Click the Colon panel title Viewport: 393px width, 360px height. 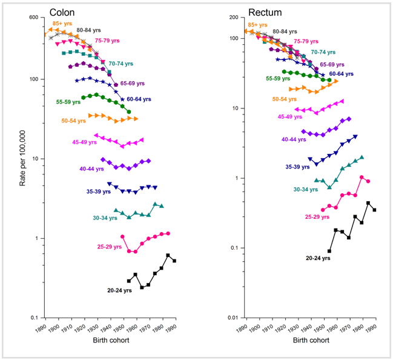coord(62,13)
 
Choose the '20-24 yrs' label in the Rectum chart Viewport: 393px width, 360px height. coord(318,258)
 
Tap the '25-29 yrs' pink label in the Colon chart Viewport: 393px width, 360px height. coord(110,247)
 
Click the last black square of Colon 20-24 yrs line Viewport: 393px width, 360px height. coord(174,261)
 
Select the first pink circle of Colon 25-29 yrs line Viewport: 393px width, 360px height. coord(122,236)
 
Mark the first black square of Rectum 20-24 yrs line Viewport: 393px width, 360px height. coord(329,251)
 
